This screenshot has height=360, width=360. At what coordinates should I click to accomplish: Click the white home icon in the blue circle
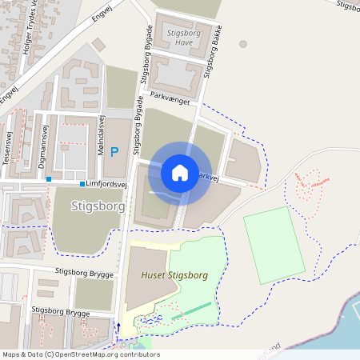180,172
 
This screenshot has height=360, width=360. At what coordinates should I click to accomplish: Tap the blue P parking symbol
114,151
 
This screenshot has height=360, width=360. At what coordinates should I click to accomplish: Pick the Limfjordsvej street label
108,183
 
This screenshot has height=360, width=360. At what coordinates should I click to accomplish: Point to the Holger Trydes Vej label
17,17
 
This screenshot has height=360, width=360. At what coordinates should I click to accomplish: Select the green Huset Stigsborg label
174,274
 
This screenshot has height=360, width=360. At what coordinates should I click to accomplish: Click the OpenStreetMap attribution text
80,354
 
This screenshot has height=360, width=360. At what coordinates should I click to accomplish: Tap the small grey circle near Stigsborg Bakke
243,44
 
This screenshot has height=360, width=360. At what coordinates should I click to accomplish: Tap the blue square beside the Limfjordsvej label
82,183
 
